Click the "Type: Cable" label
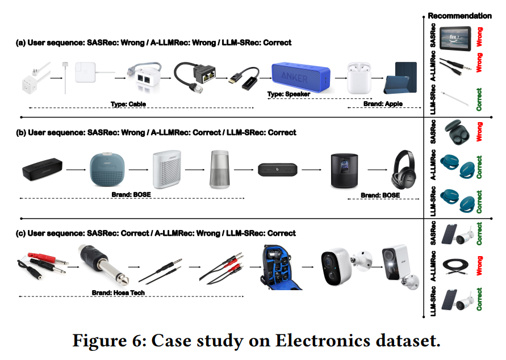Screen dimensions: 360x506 tap(129, 104)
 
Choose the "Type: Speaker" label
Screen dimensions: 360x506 tap(288, 94)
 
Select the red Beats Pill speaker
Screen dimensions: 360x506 tap(278, 169)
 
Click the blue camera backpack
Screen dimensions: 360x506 tap(279, 266)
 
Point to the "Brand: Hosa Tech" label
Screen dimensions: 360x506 tap(118, 293)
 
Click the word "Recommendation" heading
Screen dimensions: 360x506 tap(459, 16)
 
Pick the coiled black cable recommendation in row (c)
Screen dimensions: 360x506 tap(457, 267)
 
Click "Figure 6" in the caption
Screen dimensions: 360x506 tap(105, 342)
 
